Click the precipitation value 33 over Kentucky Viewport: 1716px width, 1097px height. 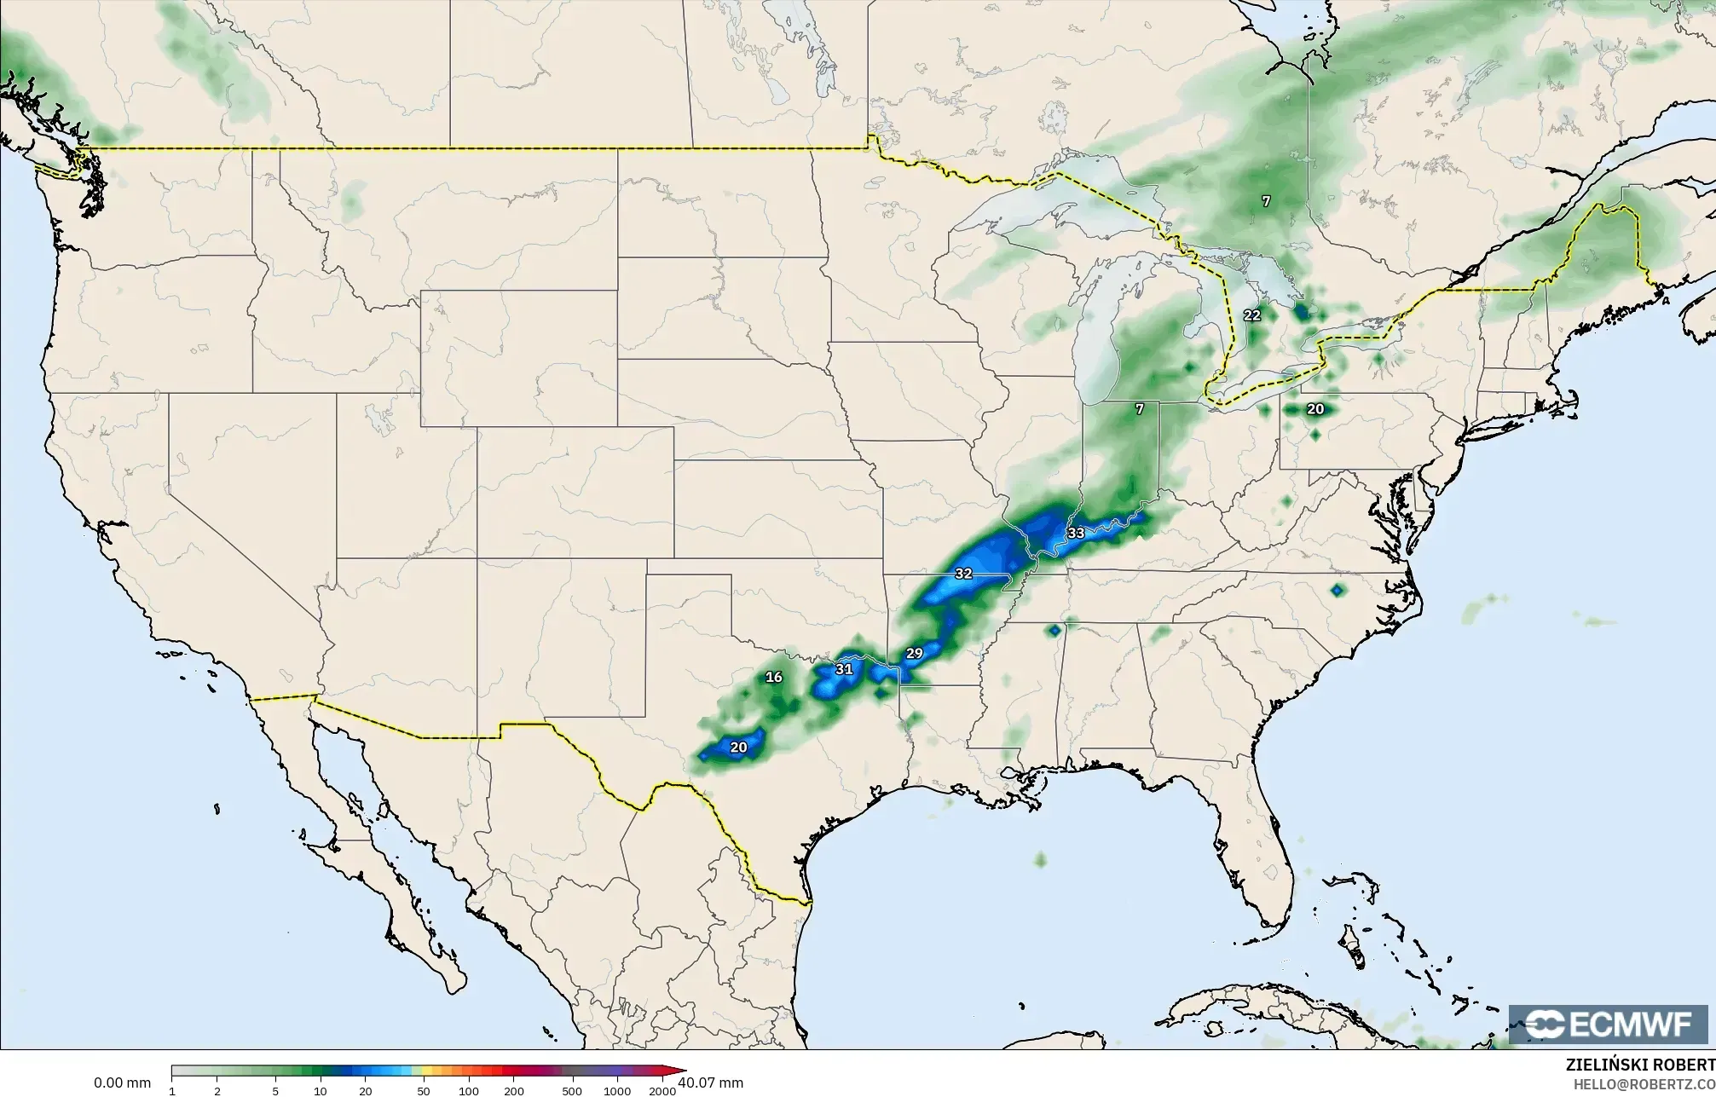(1076, 534)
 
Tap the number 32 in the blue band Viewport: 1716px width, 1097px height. (963, 574)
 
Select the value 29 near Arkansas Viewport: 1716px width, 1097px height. (914, 654)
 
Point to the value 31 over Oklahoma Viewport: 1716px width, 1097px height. (844, 669)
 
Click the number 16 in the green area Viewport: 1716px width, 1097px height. (773, 678)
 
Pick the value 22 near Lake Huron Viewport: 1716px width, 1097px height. (1251, 315)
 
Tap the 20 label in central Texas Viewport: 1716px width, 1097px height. (738, 748)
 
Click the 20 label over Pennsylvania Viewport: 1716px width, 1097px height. (1315, 409)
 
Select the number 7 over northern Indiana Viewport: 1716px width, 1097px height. (1140, 409)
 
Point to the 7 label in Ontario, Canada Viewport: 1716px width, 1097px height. (1266, 201)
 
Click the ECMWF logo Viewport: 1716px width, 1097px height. (1609, 1024)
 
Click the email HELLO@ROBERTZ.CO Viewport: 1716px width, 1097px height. (1644, 1084)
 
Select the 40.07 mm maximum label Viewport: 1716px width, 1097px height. (710, 1083)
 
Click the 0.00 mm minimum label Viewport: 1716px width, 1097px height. (122, 1083)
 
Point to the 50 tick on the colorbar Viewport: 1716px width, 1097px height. (423, 1090)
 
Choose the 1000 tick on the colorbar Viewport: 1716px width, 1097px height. (616, 1090)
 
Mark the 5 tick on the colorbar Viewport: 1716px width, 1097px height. (274, 1090)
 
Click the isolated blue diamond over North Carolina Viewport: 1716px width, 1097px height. (1336, 590)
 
